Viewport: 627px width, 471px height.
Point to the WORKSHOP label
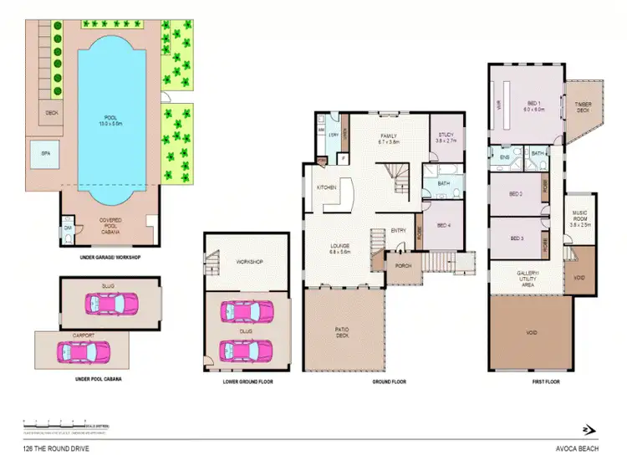tap(250, 262)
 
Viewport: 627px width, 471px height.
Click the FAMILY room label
tap(388, 139)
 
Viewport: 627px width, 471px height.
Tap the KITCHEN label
tap(326, 188)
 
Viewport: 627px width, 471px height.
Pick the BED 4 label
tap(444, 224)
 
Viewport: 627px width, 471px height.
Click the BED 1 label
tap(533, 106)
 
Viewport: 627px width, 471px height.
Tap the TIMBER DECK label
tap(582, 107)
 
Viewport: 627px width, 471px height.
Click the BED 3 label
tap(517, 238)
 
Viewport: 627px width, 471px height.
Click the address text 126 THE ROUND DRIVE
tap(55, 449)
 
